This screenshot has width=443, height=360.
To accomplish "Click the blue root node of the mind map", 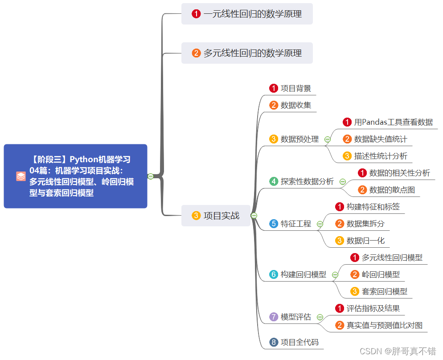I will (75, 176).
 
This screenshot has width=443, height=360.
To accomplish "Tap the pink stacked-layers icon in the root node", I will (21, 176).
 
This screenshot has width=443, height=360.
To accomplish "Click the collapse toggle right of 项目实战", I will (254, 216).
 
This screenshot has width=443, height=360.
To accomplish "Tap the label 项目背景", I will (295, 88).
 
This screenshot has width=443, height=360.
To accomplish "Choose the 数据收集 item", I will (295, 105).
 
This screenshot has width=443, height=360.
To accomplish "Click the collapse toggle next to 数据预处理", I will (328, 139).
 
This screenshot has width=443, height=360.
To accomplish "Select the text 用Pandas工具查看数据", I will (393, 122).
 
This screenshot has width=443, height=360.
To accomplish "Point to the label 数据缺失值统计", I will (380, 139).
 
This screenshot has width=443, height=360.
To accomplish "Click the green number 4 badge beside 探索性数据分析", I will (274, 181).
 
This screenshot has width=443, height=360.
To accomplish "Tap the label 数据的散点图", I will (392, 190).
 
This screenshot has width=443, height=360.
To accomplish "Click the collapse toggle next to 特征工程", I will (320, 224).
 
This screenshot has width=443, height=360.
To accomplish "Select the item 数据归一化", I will (365, 241).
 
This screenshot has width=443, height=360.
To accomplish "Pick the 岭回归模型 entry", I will (381, 274).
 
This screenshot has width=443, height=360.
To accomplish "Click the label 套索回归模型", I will (384, 291).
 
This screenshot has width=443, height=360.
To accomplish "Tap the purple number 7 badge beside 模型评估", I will (274, 317).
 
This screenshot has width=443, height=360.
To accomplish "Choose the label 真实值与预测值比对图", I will (384, 325).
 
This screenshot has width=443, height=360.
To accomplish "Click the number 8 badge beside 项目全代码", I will (274, 342).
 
